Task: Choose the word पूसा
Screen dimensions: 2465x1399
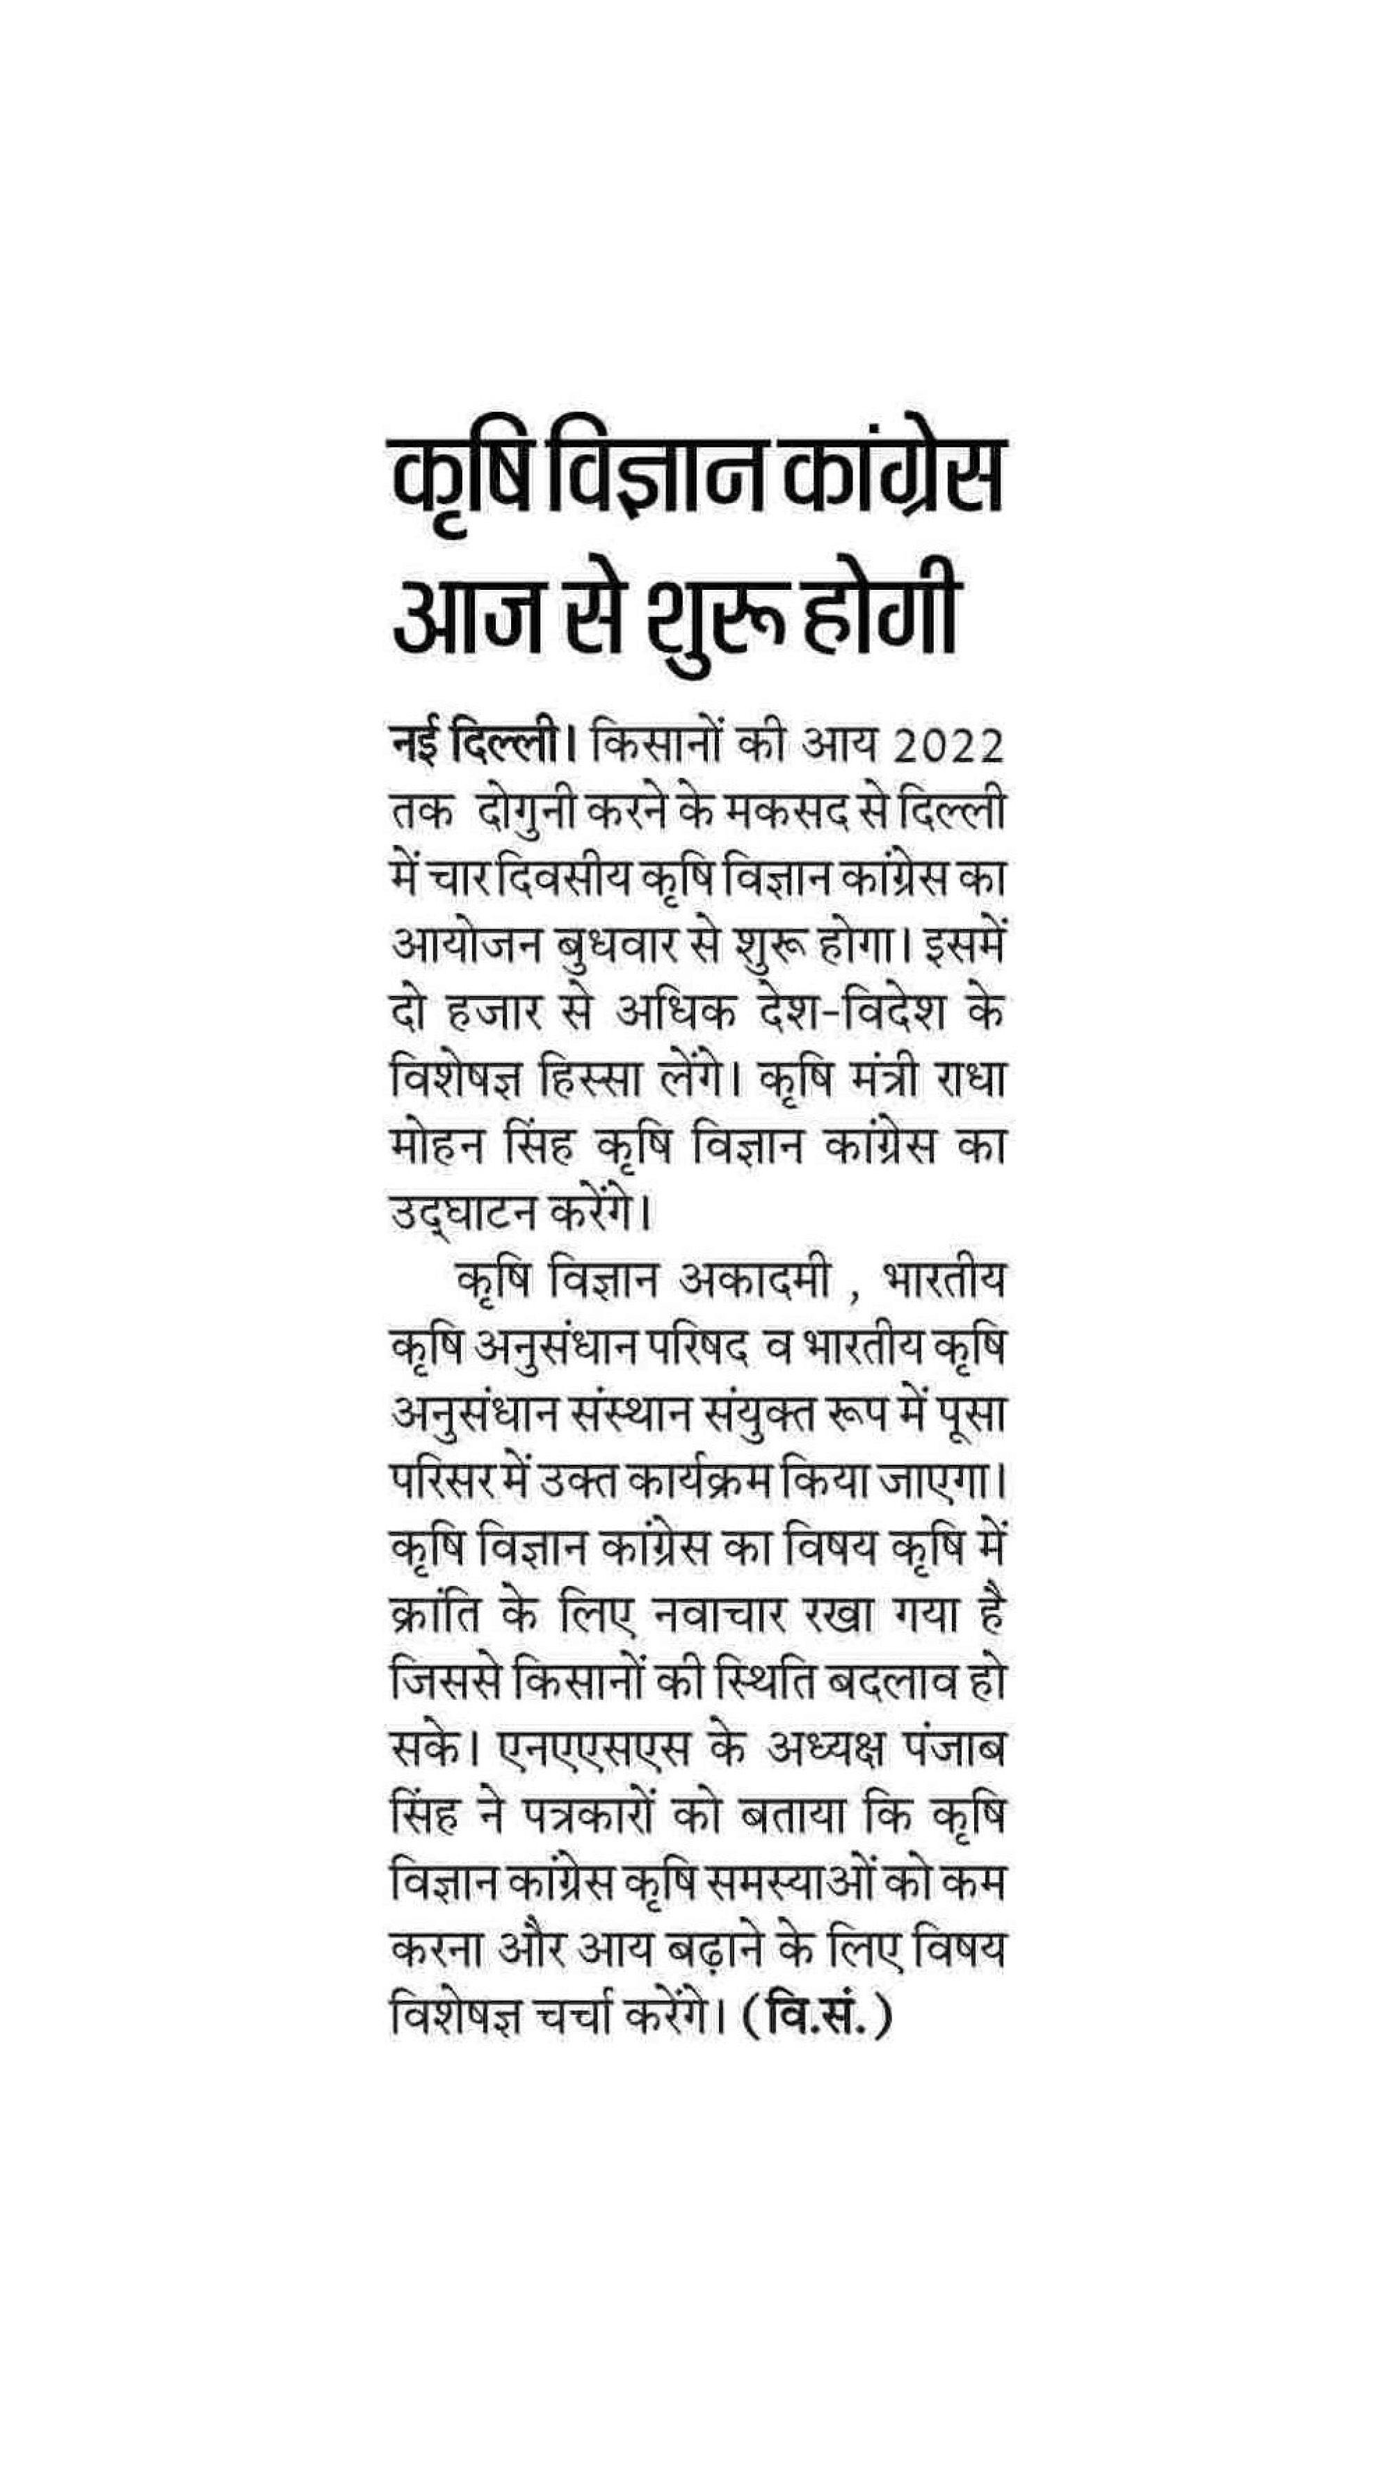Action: coord(971,1418)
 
